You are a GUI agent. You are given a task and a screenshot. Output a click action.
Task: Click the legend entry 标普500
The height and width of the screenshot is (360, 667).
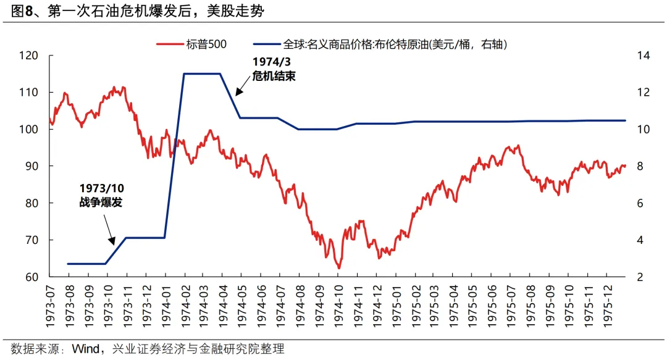coord(191,44)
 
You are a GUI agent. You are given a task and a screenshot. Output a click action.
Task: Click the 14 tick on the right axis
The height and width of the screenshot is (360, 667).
coord(643,56)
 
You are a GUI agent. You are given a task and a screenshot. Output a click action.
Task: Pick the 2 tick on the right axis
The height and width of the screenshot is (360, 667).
coord(640,277)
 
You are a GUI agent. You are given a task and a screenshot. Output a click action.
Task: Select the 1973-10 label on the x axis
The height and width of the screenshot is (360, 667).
coord(107,304)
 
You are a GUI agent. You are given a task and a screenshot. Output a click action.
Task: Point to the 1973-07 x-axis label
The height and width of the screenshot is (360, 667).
coord(49,304)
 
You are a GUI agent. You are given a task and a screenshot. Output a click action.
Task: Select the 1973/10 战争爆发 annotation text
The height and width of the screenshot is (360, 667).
coord(101,194)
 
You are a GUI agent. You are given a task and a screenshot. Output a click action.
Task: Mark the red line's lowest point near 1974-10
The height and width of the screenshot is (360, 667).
coord(338,268)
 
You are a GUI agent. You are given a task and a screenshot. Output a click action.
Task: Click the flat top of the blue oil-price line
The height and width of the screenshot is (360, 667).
coord(202,73)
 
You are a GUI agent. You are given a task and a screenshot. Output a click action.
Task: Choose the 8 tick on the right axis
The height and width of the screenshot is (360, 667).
coord(640,166)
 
